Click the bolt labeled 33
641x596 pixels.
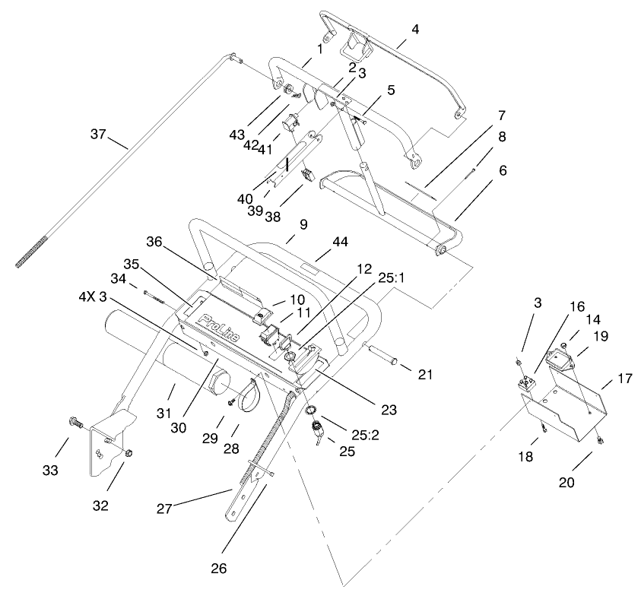pyautogui.click(x=76, y=420)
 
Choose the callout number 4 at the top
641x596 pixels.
pyautogui.click(x=414, y=29)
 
